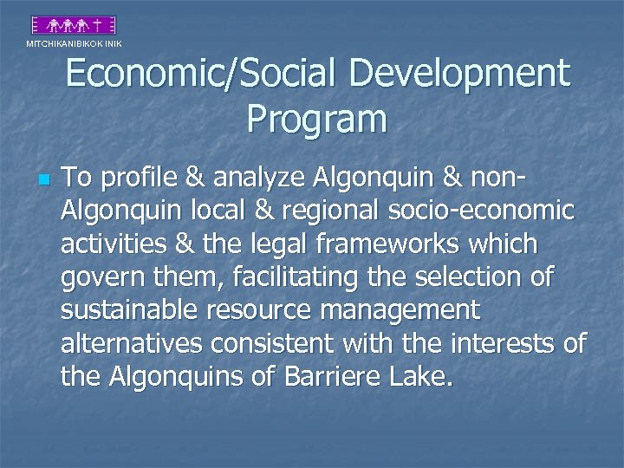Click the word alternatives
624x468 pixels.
[131, 345]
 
